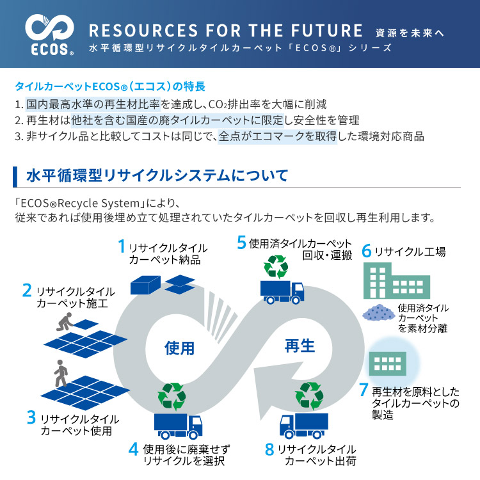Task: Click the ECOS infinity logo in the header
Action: point(49,28)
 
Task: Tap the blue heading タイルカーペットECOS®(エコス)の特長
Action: point(110,86)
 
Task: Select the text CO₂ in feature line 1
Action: point(218,105)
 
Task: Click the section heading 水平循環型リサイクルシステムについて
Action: point(157,176)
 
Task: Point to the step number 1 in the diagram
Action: point(122,246)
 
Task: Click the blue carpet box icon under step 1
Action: point(145,285)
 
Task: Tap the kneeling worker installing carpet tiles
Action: point(65,321)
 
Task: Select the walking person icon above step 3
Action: point(61,373)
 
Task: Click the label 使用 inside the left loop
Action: point(179,348)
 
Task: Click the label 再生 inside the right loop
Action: point(300,346)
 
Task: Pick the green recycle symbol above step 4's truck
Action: point(172,396)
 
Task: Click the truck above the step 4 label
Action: point(178,426)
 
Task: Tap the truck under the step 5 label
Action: point(282,292)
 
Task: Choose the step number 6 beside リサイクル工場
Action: point(367,251)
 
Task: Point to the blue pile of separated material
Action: point(379,312)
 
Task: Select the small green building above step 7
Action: point(388,364)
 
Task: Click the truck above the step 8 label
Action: point(304,426)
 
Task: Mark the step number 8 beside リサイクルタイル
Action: point(269,449)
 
